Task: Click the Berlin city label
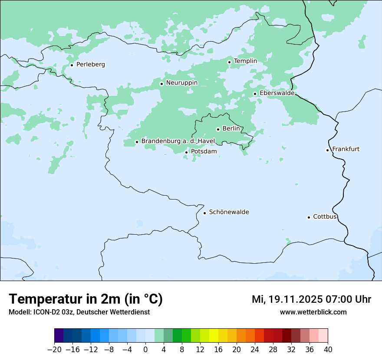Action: click(x=231, y=129)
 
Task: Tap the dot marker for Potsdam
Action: click(x=187, y=152)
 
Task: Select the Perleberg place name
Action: click(x=90, y=65)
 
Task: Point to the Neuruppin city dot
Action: click(x=161, y=84)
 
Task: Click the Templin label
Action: click(x=245, y=61)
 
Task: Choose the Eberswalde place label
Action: click(x=277, y=93)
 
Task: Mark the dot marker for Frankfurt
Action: click(x=328, y=150)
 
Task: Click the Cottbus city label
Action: click(x=325, y=217)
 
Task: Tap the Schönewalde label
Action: click(x=229, y=212)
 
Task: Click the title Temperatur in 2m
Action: click(x=86, y=299)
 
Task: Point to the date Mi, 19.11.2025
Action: click(x=286, y=299)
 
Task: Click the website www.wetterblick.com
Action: click(x=313, y=312)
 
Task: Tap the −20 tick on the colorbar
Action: click(x=54, y=350)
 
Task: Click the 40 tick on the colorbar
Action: click(x=328, y=350)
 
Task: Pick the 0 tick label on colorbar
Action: click(x=145, y=350)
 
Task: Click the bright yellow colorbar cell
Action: click(x=214, y=336)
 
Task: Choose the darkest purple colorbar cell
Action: click(x=59, y=336)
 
